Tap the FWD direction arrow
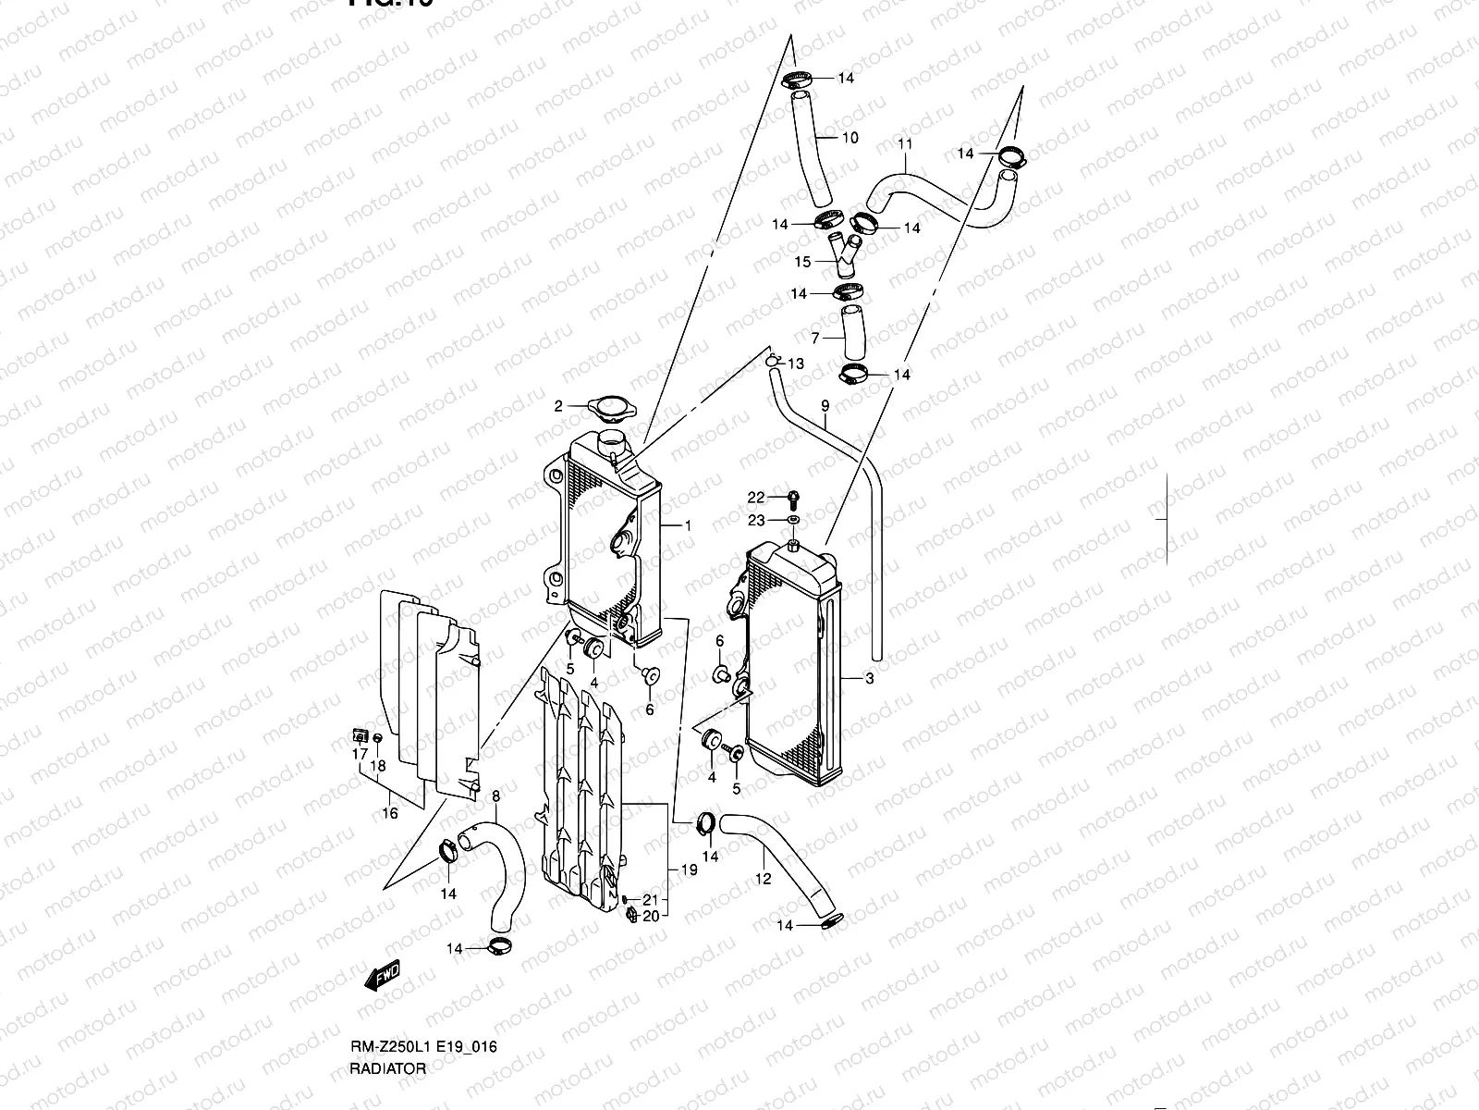(x=381, y=973)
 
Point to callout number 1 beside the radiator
(x=688, y=525)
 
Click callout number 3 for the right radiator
(x=869, y=679)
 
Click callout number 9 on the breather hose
(x=825, y=405)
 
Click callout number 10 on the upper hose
(x=850, y=138)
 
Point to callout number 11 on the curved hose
(x=905, y=143)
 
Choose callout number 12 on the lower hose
(x=763, y=880)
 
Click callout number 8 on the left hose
(x=495, y=795)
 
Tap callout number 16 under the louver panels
(x=390, y=813)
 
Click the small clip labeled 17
(x=360, y=736)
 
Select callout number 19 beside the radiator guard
(x=688, y=870)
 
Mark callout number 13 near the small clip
(x=795, y=364)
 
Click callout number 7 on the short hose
(x=814, y=338)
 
